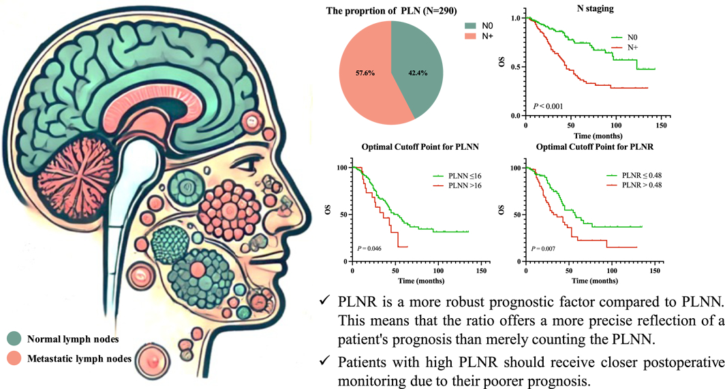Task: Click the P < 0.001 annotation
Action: coord(549,106)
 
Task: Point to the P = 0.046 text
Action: coord(369,248)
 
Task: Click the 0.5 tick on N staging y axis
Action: coord(516,67)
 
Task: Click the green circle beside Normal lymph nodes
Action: coord(13,338)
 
